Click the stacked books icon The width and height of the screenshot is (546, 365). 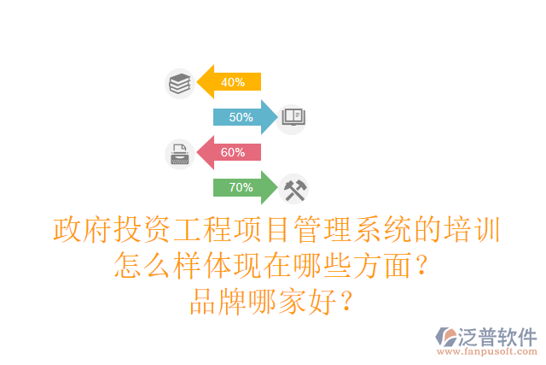[179, 83]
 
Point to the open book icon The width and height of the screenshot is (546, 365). [293, 117]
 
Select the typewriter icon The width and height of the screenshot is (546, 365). [179, 153]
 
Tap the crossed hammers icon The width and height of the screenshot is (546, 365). [293, 188]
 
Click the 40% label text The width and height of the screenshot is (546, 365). [233, 83]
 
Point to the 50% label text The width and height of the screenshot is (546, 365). [241, 117]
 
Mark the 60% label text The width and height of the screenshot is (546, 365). [233, 152]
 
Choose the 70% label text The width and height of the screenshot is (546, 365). [241, 187]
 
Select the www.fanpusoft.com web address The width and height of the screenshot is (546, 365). [487, 351]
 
